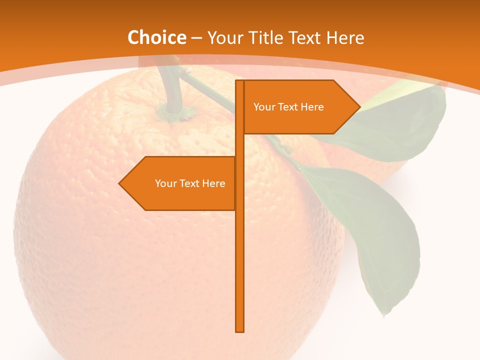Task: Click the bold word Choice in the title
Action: click(156, 37)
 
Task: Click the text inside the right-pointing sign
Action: click(288, 107)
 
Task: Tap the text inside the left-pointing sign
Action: click(190, 183)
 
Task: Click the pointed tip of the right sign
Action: click(358, 106)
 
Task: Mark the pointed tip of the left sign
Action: click(120, 183)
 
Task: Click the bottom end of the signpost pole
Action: click(240, 329)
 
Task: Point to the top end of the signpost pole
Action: click(240, 82)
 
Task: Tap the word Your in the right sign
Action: click(263, 107)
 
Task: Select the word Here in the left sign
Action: click(214, 183)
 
